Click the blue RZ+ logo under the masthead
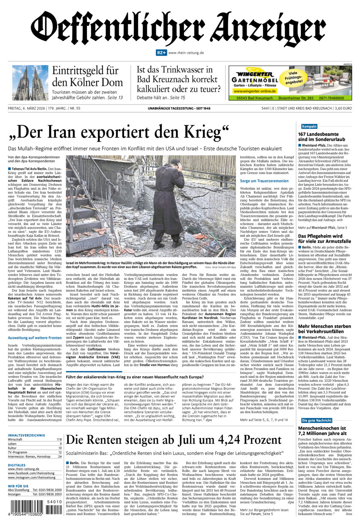click(x=161, y=53)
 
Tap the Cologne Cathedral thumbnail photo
click(x=30, y=83)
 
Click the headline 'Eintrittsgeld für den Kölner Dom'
click(x=87, y=76)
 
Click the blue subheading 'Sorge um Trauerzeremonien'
click(x=264, y=181)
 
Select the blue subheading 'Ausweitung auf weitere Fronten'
click(x=35, y=337)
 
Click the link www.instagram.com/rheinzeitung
click(x=31, y=477)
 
